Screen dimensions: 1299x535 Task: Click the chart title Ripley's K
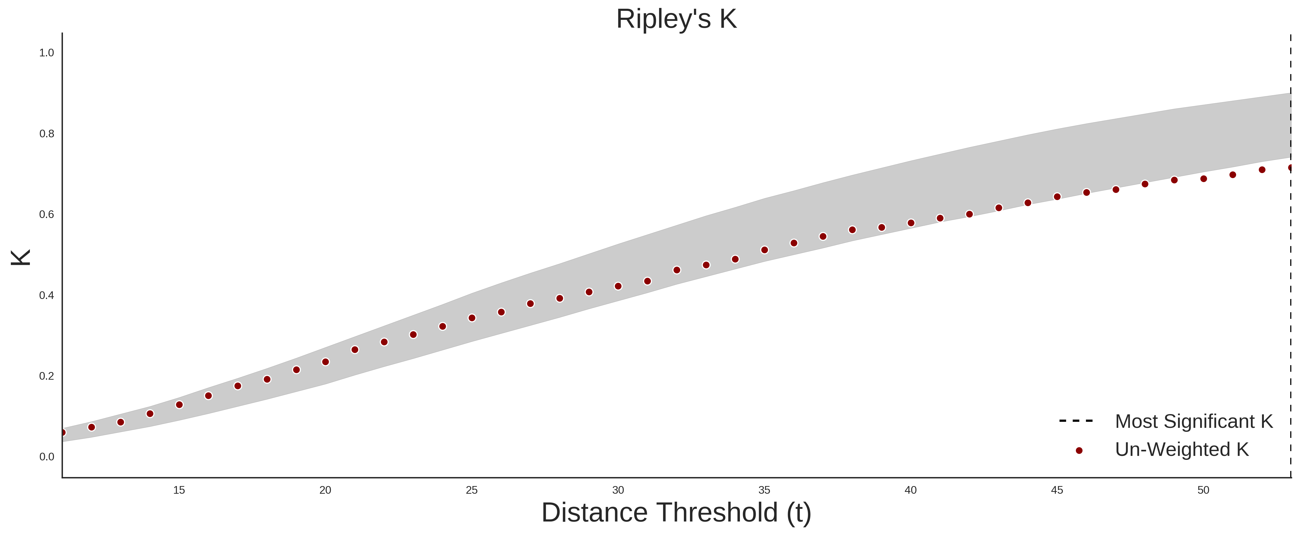pos(676,19)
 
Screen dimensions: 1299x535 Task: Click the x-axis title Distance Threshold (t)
pos(676,513)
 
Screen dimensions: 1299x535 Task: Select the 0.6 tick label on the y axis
pos(47,215)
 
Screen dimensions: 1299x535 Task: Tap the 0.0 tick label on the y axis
pos(47,457)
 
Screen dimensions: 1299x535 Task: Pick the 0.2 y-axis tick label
pos(47,376)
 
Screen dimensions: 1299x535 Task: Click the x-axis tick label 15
pos(179,490)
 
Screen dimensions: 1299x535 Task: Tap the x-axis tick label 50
pos(1203,490)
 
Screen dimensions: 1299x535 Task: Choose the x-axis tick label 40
pos(911,490)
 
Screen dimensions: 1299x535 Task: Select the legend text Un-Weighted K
pos(1182,449)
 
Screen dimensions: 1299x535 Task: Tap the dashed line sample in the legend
pos(1076,420)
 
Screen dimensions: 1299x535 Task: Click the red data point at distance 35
pos(764,250)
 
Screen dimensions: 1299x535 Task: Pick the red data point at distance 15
pos(179,405)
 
